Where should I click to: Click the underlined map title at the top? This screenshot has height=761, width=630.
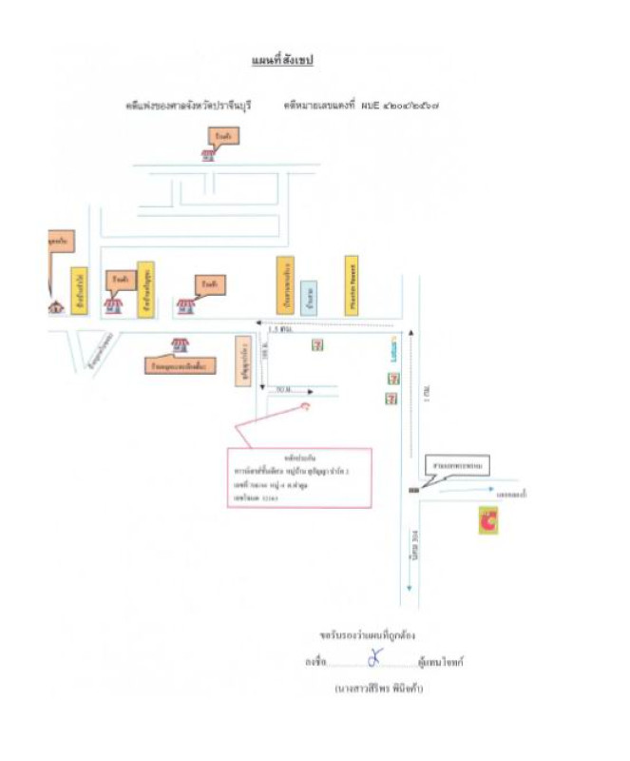282,61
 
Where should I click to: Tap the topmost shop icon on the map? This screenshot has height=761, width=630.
208,155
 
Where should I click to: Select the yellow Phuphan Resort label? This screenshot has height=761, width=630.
351,283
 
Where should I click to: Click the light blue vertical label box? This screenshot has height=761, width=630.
307,297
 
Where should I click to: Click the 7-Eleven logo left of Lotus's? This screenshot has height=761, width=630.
317,344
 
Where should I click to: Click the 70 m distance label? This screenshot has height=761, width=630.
282,390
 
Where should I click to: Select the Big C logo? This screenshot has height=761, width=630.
488,519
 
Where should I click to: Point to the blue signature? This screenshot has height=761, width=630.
373,658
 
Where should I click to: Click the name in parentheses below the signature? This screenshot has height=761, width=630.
377,687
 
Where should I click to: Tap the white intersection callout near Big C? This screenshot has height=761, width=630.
456,467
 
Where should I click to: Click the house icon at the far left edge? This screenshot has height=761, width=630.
56,306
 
